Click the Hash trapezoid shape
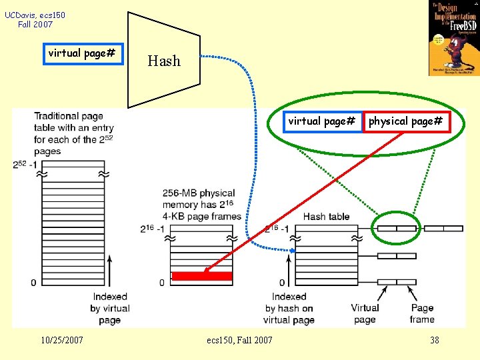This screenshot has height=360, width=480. pyautogui.click(x=163, y=60)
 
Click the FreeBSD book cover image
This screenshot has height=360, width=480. pyautogui.click(x=453, y=38)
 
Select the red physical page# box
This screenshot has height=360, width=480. pyautogui.click(x=406, y=121)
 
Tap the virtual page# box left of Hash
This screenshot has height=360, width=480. pyautogui.click(x=82, y=53)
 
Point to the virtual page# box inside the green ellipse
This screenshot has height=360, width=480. pyautogui.click(x=321, y=121)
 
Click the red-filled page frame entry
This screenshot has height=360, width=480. pyautogui.click(x=202, y=276)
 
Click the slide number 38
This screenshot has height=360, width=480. pyautogui.click(x=435, y=340)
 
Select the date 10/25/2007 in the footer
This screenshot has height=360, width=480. pyautogui.click(x=62, y=340)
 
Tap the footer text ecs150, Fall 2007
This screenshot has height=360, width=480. pyautogui.click(x=239, y=340)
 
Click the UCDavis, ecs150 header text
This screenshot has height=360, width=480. pyautogui.click(x=35, y=19)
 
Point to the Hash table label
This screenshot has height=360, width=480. pyautogui.click(x=326, y=216)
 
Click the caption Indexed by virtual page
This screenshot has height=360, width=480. pyautogui.click(x=110, y=308)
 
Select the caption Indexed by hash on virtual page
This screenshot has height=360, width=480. pyautogui.click(x=289, y=308)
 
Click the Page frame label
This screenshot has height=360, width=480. pyautogui.click(x=422, y=313)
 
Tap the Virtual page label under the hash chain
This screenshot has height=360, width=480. pyautogui.click(x=365, y=313)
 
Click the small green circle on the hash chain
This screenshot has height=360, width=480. pyautogui.click(x=396, y=228)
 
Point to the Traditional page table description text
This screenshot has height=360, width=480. pyautogui.click(x=74, y=133)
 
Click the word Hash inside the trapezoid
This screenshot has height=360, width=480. pyautogui.click(x=164, y=61)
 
